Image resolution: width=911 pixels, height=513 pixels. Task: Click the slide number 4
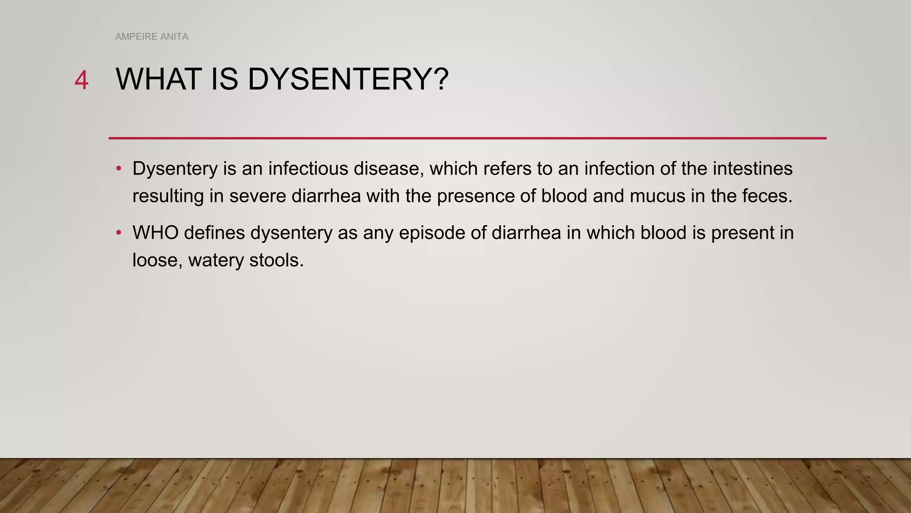click(81, 81)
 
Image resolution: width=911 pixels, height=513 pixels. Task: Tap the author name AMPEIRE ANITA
click(152, 37)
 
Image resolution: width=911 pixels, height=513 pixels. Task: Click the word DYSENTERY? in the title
click(348, 79)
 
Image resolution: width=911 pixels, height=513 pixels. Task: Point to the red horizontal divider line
click(467, 138)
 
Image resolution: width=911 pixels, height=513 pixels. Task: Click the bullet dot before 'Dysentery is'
click(119, 169)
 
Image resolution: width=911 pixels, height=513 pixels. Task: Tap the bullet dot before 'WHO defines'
click(119, 233)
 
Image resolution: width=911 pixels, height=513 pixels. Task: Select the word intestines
click(752, 169)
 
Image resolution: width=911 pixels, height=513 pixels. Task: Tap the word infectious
click(308, 169)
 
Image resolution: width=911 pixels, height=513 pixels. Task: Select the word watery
click(216, 261)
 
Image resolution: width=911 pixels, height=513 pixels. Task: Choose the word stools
click(276, 261)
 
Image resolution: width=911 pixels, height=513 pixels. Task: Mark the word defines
click(214, 233)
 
